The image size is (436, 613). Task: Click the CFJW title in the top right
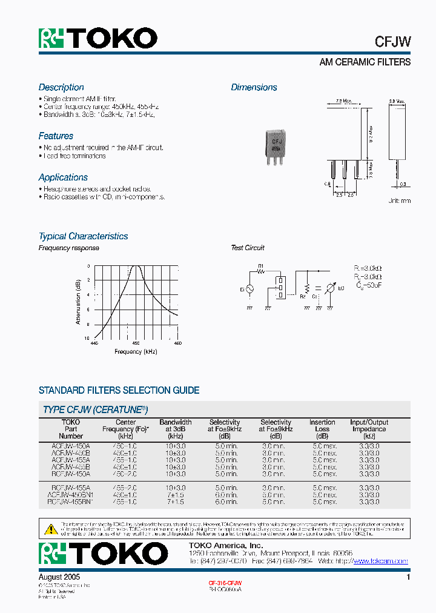click(x=392, y=41)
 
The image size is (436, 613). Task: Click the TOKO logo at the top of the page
click(x=98, y=38)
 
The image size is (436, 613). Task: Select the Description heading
click(x=61, y=87)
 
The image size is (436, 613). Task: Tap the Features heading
click(x=56, y=136)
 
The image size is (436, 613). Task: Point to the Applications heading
click(x=63, y=177)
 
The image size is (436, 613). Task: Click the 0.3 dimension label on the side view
click(x=403, y=184)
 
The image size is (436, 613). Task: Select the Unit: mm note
click(x=399, y=200)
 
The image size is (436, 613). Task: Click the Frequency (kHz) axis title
click(x=136, y=352)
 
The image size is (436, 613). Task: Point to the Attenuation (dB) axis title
click(x=79, y=302)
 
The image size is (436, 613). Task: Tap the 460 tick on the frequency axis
click(x=177, y=343)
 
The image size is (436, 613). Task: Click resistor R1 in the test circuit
click(x=261, y=270)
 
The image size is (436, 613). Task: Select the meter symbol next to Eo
click(x=330, y=290)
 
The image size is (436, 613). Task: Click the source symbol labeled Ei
click(x=249, y=290)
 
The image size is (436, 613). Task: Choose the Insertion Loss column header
click(x=322, y=429)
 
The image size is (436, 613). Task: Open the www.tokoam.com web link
click(x=380, y=562)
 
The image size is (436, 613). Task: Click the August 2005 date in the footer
click(x=59, y=578)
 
